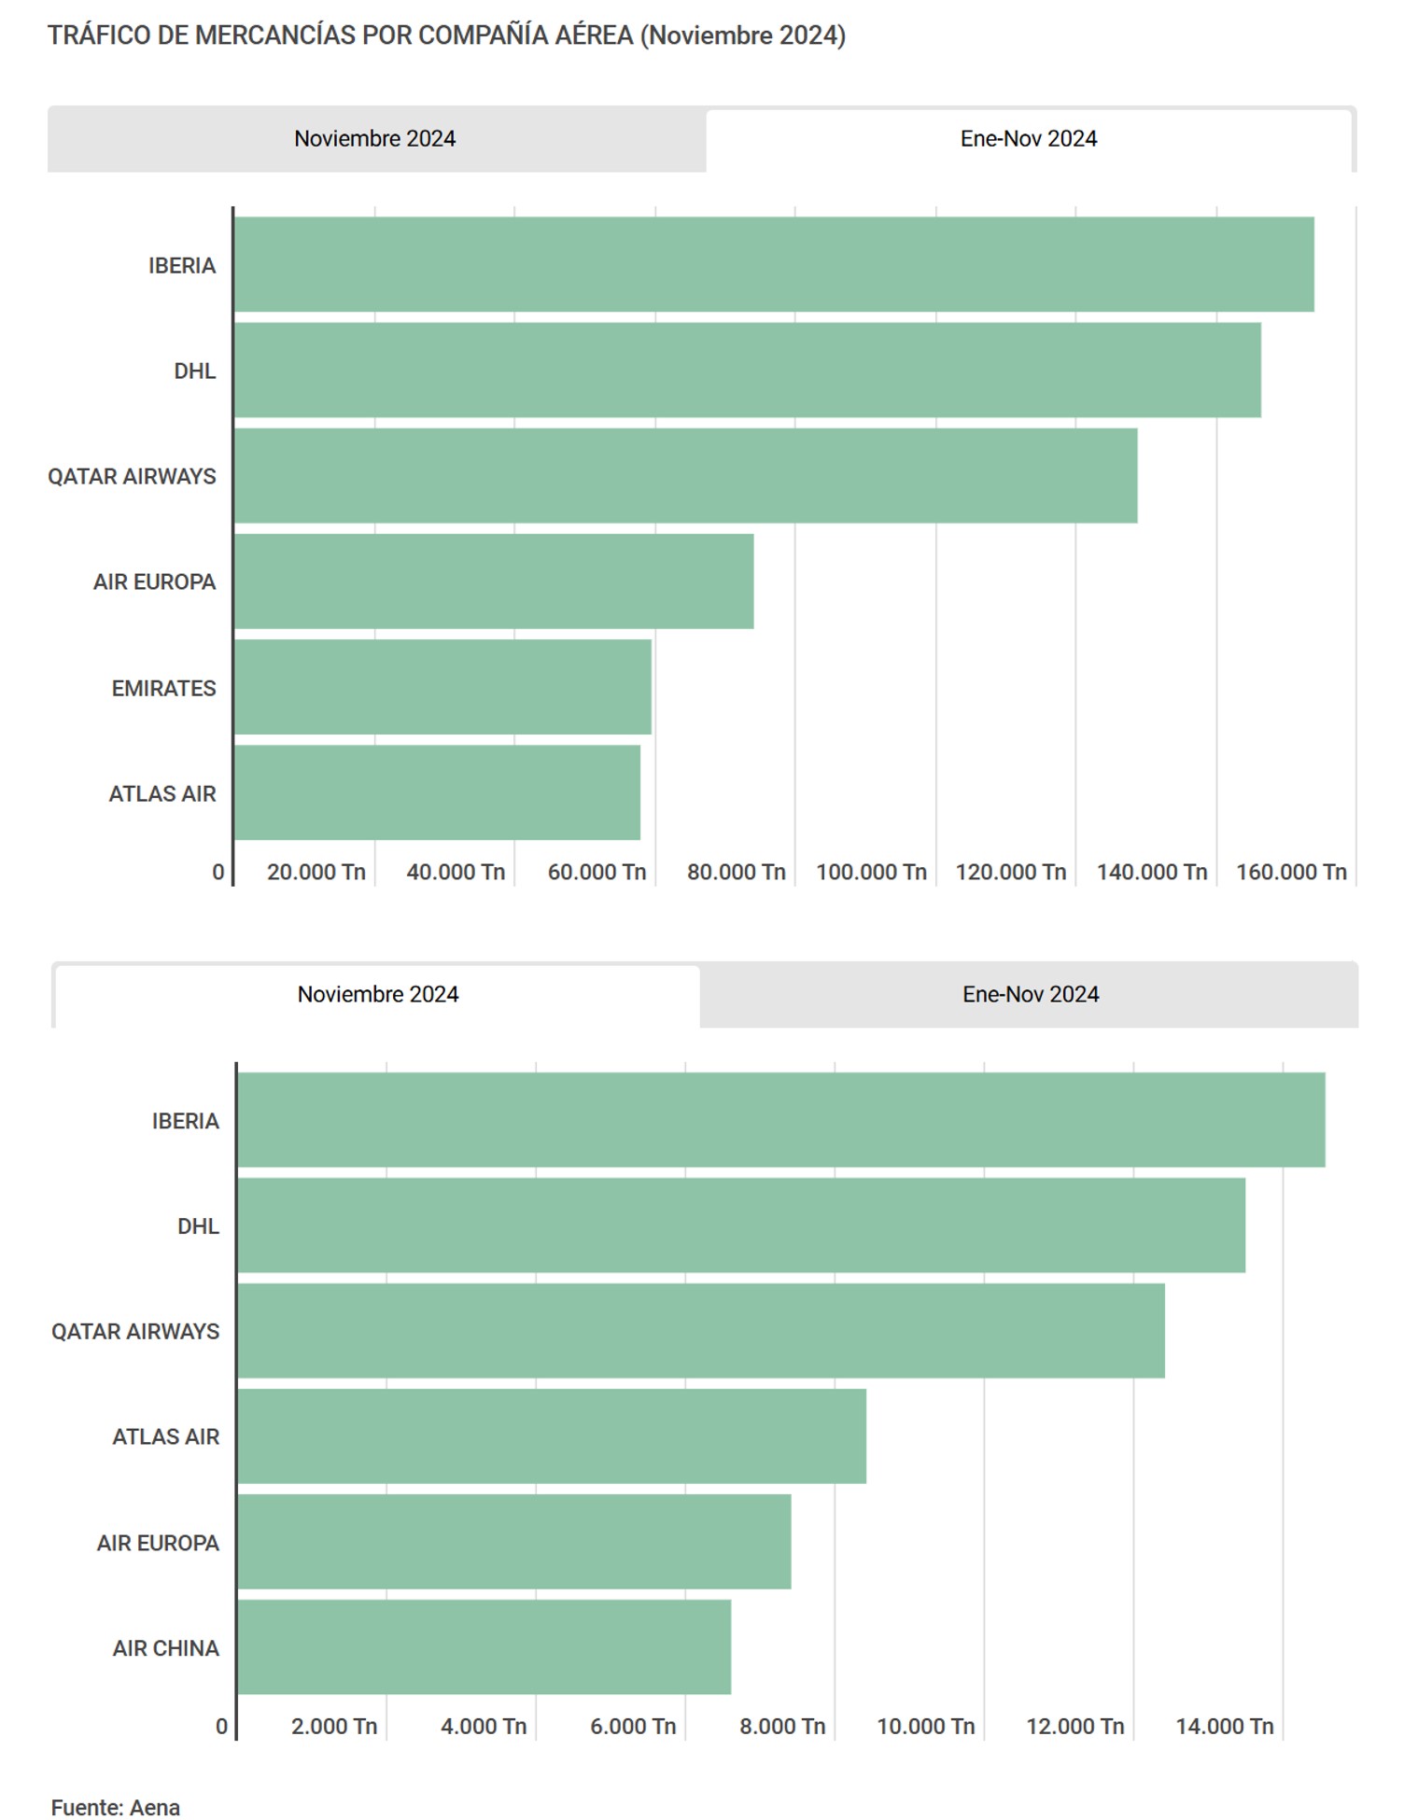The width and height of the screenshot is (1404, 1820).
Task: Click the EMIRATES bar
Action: tap(442, 687)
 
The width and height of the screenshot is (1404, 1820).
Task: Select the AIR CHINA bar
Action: tap(484, 1646)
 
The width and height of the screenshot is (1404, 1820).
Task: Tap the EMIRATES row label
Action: tap(163, 688)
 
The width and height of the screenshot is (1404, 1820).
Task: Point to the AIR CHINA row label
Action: tap(165, 1648)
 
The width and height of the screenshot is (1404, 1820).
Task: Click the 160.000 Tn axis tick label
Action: tap(1290, 872)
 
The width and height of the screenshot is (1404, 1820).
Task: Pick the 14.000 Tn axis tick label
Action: tap(1224, 1727)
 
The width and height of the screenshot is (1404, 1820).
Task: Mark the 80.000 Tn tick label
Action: tap(736, 872)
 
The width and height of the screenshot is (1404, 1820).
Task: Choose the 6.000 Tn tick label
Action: tap(632, 1727)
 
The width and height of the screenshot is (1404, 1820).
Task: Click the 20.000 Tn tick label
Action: tap(316, 872)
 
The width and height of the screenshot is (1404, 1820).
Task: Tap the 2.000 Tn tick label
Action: tap(333, 1727)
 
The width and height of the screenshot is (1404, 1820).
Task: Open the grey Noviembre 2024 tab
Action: tap(375, 139)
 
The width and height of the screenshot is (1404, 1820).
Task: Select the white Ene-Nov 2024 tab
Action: tap(1028, 139)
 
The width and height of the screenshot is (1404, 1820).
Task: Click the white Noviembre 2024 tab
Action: tap(378, 994)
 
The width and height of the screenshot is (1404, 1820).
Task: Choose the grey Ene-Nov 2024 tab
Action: tap(1030, 994)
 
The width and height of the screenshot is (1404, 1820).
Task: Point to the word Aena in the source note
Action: tap(155, 1808)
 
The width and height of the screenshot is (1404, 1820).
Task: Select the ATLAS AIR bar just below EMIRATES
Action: tap(437, 792)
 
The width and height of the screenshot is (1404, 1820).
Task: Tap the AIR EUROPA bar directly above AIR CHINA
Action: tap(514, 1541)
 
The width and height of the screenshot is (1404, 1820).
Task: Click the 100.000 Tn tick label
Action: tap(870, 872)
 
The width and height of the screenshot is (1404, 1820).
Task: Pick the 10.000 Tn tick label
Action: tap(925, 1727)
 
